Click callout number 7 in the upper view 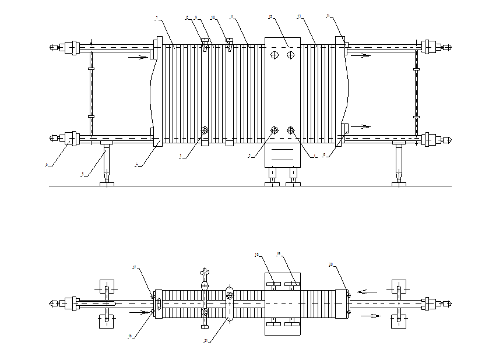click(156, 19)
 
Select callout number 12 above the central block click(270, 17)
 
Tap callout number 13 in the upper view click(299, 17)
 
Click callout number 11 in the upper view click(232, 17)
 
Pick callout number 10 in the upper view click(213, 17)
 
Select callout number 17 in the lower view click(134, 267)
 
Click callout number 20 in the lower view click(331, 264)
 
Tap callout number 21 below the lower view click(206, 341)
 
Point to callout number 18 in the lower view click(256, 255)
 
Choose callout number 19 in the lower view click(279, 254)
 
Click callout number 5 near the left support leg click(82, 174)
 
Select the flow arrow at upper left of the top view click(138, 57)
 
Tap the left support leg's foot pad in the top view click(107, 184)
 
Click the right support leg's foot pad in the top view click(399, 184)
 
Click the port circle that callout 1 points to click(291, 130)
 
